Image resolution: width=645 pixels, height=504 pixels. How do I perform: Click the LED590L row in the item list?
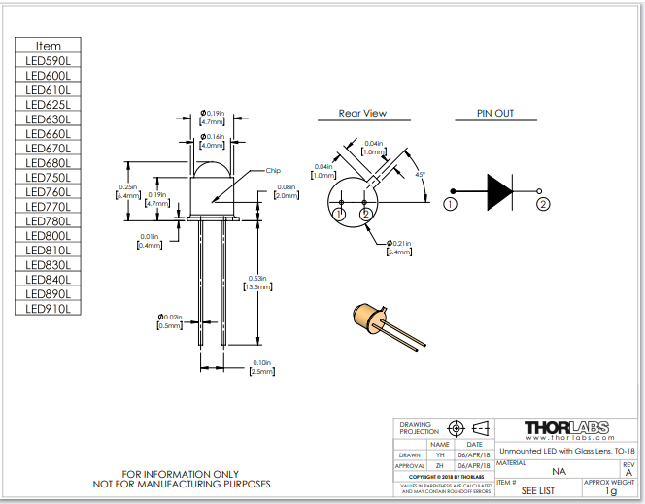click(x=48, y=60)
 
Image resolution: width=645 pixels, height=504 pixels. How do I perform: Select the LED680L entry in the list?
click(x=48, y=162)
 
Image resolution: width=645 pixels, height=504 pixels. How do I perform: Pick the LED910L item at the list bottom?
click(x=48, y=308)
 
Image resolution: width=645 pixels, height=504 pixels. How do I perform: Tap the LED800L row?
click(x=48, y=235)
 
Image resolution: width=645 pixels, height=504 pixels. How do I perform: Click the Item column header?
click(x=48, y=46)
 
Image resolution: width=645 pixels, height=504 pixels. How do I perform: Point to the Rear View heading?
click(x=362, y=113)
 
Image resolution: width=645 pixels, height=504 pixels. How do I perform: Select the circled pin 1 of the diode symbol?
click(x=450, y=204)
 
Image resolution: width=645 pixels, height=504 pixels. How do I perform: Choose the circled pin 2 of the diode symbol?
click(x=544, y=204)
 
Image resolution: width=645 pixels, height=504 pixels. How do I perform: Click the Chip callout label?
click(x=275, y=170)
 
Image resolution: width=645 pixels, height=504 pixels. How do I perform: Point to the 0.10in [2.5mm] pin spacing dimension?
click(x=262, y=366)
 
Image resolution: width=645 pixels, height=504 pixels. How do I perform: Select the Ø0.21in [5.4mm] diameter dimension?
click(x=400, y=247)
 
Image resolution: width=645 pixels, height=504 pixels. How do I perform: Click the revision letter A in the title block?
click(x=628, y=472)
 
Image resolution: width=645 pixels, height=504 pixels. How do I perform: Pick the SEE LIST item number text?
click(x=537, y=490)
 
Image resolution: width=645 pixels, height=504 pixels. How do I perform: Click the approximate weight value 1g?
click(x=611, y=490)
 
